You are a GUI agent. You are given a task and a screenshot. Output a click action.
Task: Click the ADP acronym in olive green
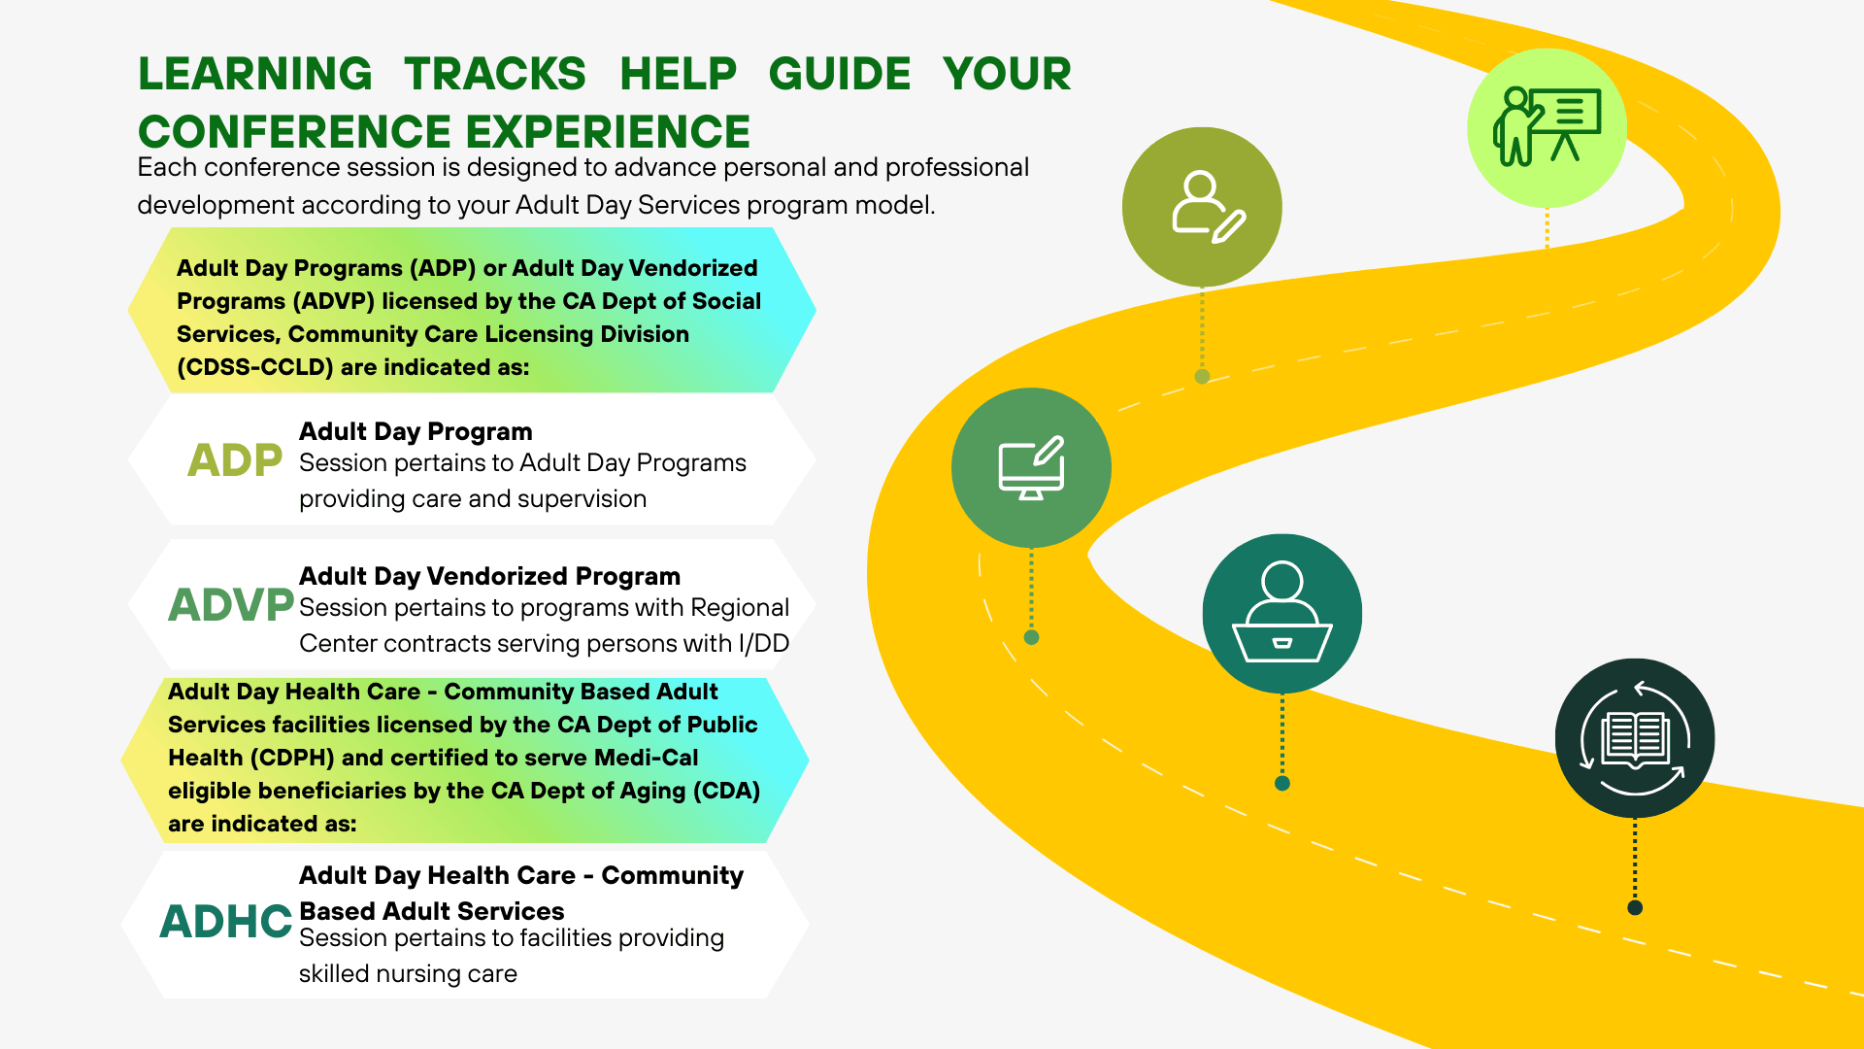(234, 460)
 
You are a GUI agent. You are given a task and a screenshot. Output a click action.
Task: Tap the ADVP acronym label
(230, 605)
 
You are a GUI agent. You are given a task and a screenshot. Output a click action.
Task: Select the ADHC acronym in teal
(225, 922)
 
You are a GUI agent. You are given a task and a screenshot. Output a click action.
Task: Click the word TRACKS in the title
(495, 75)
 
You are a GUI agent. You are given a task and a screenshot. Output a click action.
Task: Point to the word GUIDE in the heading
(839, 75)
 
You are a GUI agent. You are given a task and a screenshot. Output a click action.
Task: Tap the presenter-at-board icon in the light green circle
(1546, 127)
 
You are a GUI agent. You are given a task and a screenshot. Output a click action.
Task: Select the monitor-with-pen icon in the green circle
(1031, 468)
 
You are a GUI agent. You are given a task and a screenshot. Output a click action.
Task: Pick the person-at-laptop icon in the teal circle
(1281, 613)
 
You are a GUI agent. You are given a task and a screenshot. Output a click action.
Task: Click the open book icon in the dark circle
(1635, 738)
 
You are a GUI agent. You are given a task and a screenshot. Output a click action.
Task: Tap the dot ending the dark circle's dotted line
(1635, 907)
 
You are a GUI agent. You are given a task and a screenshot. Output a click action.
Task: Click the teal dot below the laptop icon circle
(1281, 783)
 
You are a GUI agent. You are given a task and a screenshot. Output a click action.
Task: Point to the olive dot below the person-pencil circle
(1202, 376)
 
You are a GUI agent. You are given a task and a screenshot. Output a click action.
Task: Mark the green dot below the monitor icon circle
(1031, 637)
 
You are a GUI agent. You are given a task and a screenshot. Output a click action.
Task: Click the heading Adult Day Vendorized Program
(489, 576)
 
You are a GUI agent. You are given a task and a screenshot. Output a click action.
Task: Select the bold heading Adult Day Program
(416, 431)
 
